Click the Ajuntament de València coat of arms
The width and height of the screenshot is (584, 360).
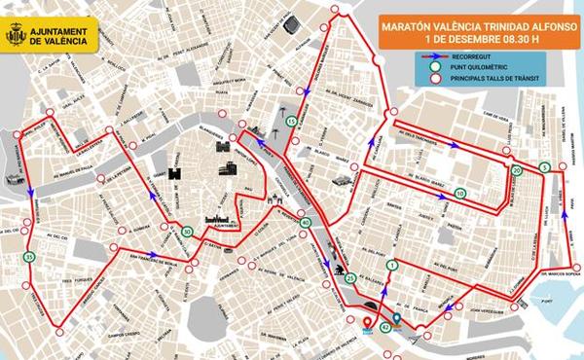click(17, 36)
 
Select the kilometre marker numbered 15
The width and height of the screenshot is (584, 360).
click(291, 121)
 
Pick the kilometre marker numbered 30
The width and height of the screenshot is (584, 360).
click(186, 232)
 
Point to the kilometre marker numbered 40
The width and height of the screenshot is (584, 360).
click(306, 223)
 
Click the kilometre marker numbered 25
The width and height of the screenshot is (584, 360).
click(349, 279)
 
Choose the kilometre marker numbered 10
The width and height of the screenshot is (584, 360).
click(459, 195)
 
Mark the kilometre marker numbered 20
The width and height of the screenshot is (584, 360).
click(517, 170)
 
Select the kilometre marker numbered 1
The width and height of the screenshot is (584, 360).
click(392, 265)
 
